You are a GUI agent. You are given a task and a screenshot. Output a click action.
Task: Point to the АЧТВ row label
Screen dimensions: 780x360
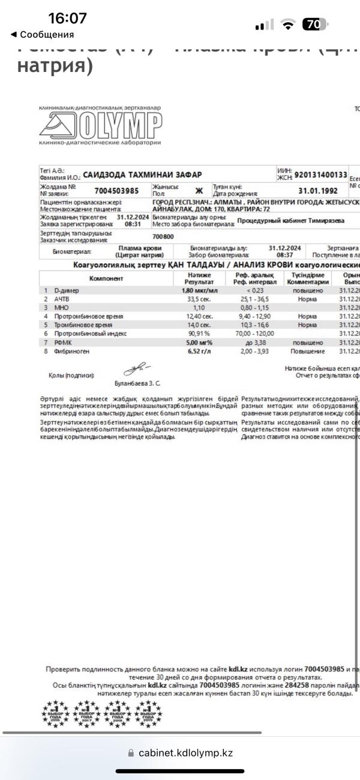[62, 299]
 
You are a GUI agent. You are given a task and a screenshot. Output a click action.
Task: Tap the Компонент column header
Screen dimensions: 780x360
[106, 278]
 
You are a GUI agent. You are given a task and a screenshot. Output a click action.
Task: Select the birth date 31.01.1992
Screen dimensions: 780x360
[319, 191]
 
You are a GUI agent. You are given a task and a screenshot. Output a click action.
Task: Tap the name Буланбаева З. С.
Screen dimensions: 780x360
[137, 382]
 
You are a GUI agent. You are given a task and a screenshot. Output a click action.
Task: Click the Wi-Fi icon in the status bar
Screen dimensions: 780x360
[290, 25]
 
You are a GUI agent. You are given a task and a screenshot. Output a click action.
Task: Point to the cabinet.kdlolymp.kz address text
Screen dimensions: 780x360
[185, 752]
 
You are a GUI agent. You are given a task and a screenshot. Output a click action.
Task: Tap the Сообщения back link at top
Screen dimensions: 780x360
[42, 35]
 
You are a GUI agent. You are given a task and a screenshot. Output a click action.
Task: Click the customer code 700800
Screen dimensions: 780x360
[163, 237]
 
